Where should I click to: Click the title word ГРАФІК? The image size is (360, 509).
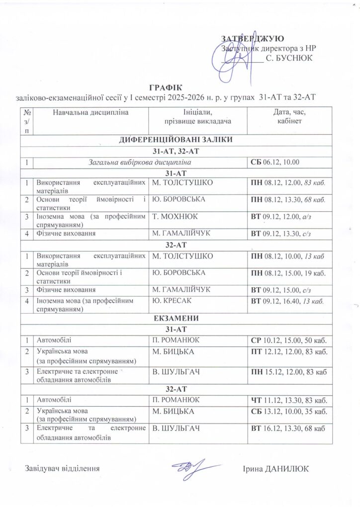(162, 85)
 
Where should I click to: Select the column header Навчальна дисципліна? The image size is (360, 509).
(90, 112)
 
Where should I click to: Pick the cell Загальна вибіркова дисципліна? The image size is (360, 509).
(141, 163)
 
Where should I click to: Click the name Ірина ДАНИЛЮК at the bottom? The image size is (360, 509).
(275, 469)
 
